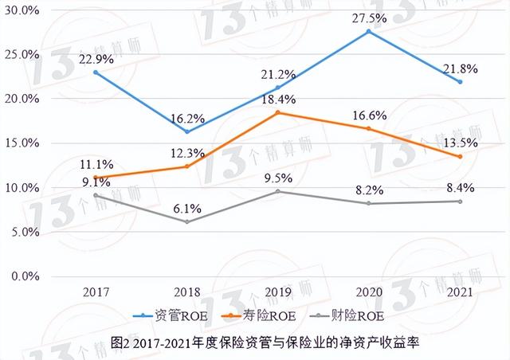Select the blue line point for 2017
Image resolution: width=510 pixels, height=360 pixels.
(96, 72)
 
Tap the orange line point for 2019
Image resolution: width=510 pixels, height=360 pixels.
(278, 113)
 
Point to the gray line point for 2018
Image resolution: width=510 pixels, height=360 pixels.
(187, 221)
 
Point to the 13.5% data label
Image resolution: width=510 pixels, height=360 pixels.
(459, 143)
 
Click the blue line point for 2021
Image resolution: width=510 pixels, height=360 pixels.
(460, 82)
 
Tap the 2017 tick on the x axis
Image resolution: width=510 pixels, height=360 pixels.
(96, 292)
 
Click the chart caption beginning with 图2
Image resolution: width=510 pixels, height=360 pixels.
(254, 342)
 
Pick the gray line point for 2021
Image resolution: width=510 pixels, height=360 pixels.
(460, 202)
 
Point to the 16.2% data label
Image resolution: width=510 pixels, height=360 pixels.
(187, 116)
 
